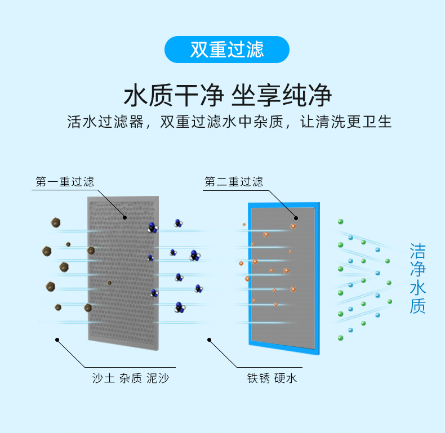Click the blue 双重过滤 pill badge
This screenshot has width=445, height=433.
click(226, 50)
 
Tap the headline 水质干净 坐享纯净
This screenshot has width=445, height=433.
click(227, 96)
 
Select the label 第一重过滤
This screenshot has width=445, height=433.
click(65, 182)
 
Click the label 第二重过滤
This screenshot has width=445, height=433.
click(233, 182)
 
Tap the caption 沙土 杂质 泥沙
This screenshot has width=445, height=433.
click(131, 378)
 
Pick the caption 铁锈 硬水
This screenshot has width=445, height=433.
click(272, 378)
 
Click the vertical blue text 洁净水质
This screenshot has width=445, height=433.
click(417, 278)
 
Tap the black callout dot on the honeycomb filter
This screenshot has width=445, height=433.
click(125, 217)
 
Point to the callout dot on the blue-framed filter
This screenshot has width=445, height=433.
click(295, 217)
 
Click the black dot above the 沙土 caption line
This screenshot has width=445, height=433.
click(57, 339)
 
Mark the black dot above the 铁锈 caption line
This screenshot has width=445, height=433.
click(209, 340)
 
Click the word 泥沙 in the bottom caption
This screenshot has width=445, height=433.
click(157, 378)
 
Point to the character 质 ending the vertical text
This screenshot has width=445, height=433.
click(417, 306)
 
